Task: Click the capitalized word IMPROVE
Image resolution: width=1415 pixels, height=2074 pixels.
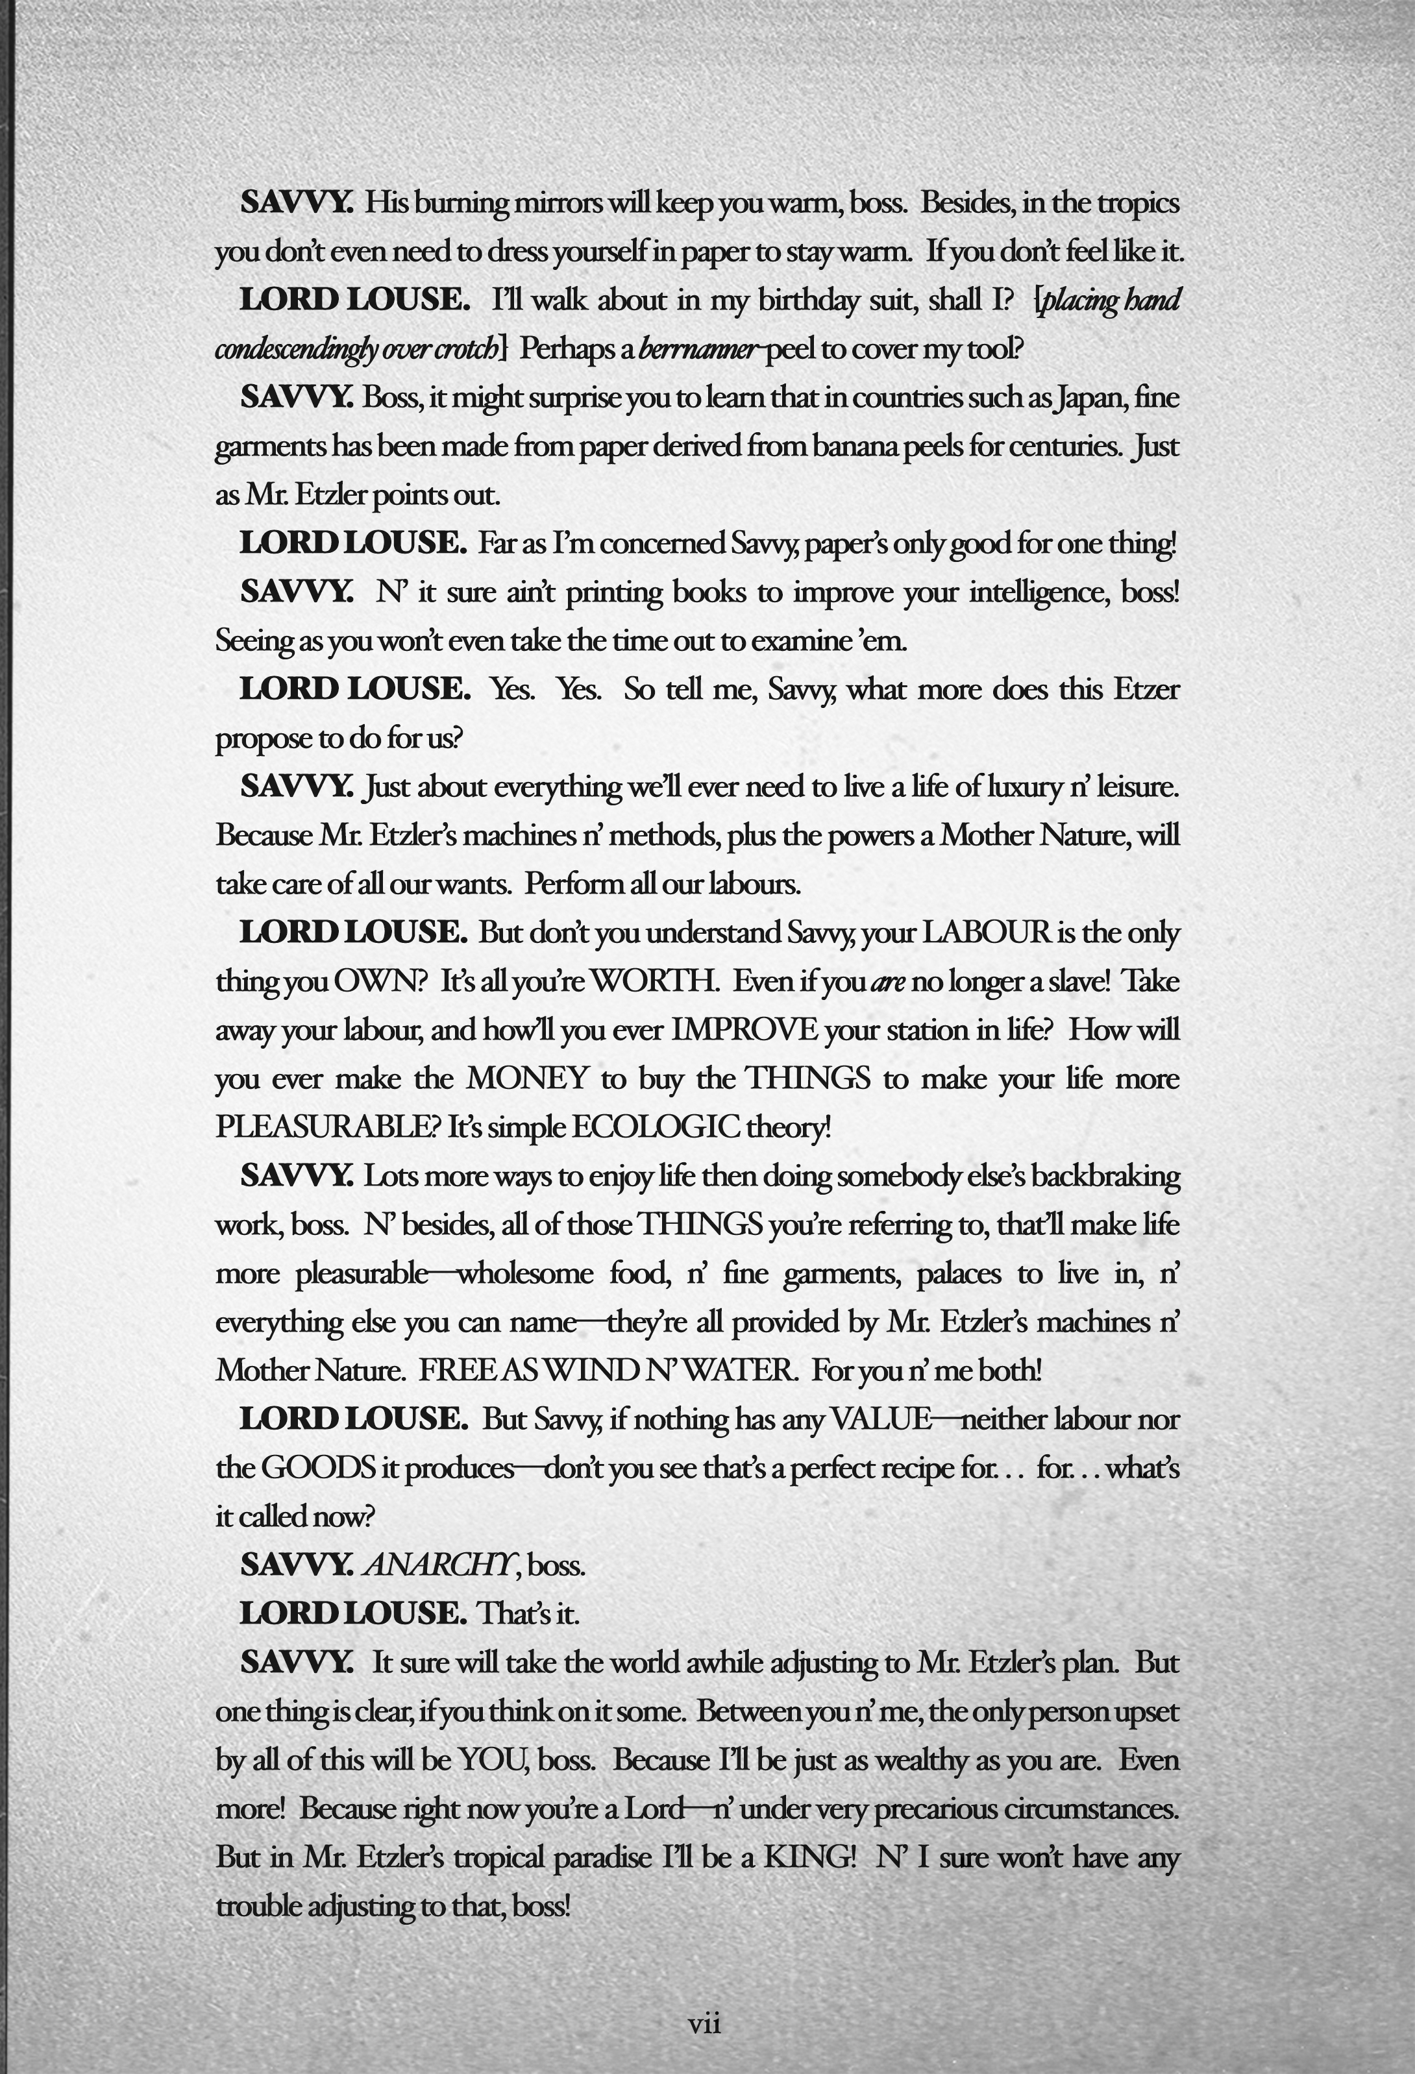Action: click(744, 1030)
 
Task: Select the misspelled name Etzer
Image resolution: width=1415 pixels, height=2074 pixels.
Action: click(1146, 690)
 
